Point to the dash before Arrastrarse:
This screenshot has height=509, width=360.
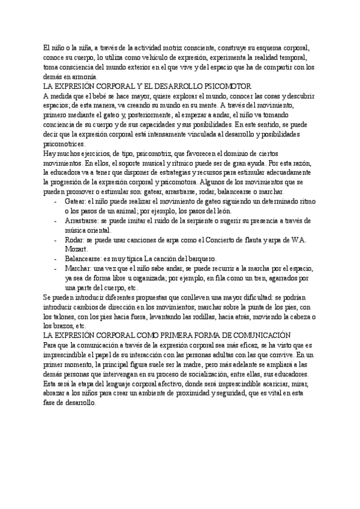click(x=55, y=221)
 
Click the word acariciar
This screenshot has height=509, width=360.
click(x=283, y=383)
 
